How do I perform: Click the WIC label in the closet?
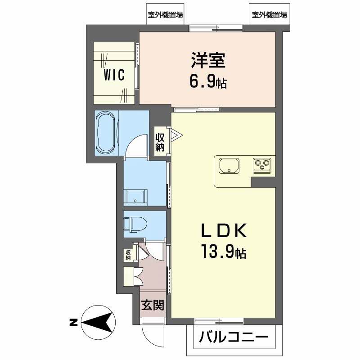click(x=114, y=75)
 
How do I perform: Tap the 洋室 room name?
click(x=208, y=60)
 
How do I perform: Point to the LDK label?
click(x=224, y=230)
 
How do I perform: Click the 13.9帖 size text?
click(x=224, y=252)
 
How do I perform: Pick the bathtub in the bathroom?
click(x=106, y=133)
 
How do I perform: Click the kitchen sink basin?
click(x=229, y=166)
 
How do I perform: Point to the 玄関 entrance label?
click(x=153, y=305)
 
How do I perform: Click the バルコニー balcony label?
click(x=234, y=337)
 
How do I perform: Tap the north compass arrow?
click(x=98, y=322)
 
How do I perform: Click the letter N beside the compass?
click(x=73, y=323)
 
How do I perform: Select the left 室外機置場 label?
click(x=165, y=15)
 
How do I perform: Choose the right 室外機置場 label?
click(x=269, y=15)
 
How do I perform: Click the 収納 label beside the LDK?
click(x=160, y=142)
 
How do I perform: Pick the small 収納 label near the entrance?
click(x=128, y=255)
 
